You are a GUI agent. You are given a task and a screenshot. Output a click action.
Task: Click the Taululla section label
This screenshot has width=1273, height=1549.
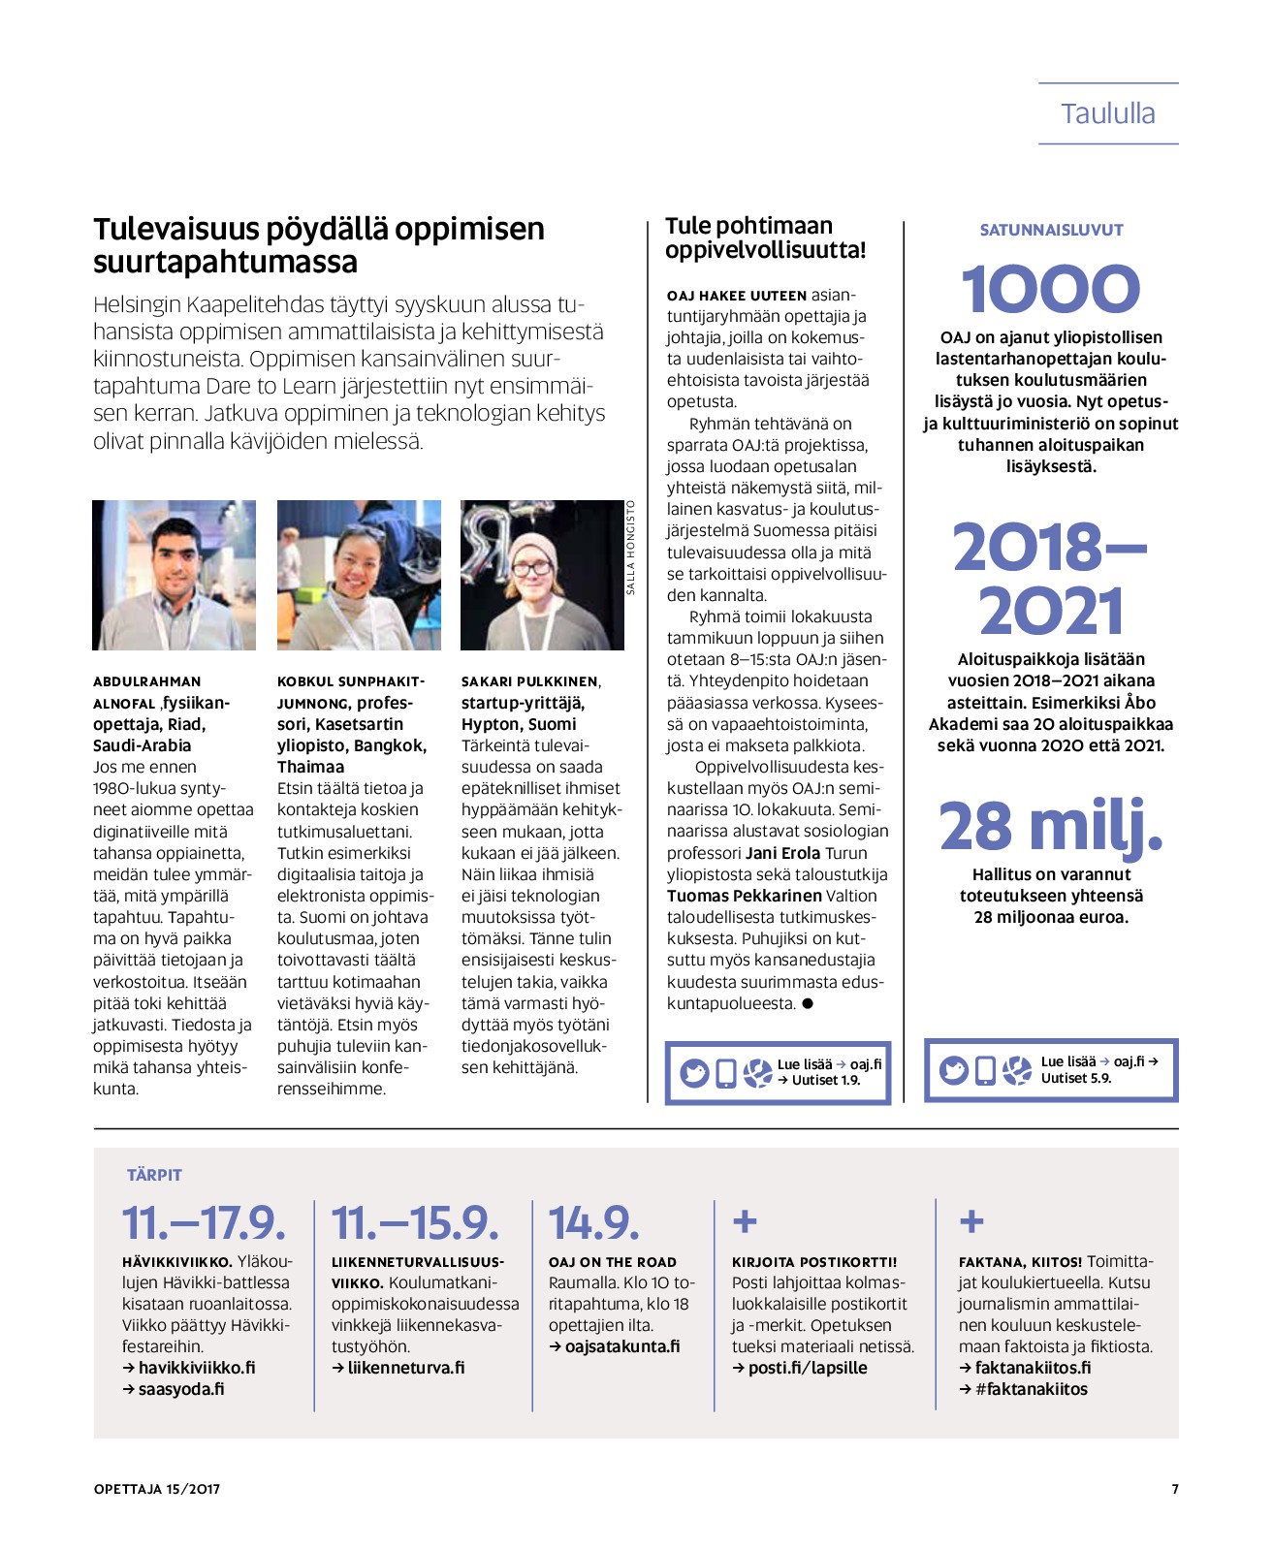tap(1107, 113)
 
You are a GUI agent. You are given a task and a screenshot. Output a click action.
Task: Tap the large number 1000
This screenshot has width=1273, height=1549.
tap(1050, 290)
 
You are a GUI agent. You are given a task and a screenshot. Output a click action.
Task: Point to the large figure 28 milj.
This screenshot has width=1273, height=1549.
tap(1050, 826)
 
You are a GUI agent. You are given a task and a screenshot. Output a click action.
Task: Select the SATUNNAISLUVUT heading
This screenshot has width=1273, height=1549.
tap(1051, 230)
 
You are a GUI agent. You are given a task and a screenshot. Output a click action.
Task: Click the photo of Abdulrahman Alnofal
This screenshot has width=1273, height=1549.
tap(175, 575)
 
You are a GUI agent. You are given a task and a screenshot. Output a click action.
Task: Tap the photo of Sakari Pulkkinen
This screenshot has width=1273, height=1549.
tap(542, 575)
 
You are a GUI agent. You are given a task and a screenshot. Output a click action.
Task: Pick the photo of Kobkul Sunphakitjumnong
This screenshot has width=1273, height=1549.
tap(359, 575)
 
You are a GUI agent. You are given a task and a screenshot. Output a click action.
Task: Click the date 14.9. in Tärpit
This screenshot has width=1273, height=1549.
tap(593, 1222)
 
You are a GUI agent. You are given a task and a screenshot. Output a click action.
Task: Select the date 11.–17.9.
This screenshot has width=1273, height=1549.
tap(204, 1222)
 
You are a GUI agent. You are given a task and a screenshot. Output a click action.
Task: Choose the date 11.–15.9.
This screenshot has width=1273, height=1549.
tap(415, 1222)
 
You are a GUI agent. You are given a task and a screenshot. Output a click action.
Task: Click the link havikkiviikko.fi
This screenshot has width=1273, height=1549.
tap(197, 1368)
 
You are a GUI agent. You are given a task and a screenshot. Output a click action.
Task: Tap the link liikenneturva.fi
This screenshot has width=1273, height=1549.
tap(406, 1368)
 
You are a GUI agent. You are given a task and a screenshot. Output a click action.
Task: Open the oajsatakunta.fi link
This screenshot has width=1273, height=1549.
tap(622, 1346)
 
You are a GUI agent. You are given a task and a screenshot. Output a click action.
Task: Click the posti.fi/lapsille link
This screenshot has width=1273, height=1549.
tap(808, 1368)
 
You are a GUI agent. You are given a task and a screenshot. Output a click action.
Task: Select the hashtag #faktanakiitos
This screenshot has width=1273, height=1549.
tap(1032, 1389)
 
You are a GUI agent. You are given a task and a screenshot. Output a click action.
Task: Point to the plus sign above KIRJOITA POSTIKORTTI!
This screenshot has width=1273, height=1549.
tap(745, 1221)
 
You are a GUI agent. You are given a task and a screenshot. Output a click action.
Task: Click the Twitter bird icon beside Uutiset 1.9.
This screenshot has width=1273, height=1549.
tap(694, 1073)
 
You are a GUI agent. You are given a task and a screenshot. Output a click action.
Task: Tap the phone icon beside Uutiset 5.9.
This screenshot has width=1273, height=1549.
tap(985, 1070)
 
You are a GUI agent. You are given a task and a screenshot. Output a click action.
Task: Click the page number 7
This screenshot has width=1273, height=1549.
tap(1175, 1489)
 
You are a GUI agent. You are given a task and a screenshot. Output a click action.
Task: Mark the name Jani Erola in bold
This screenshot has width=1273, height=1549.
tap(782, 853)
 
